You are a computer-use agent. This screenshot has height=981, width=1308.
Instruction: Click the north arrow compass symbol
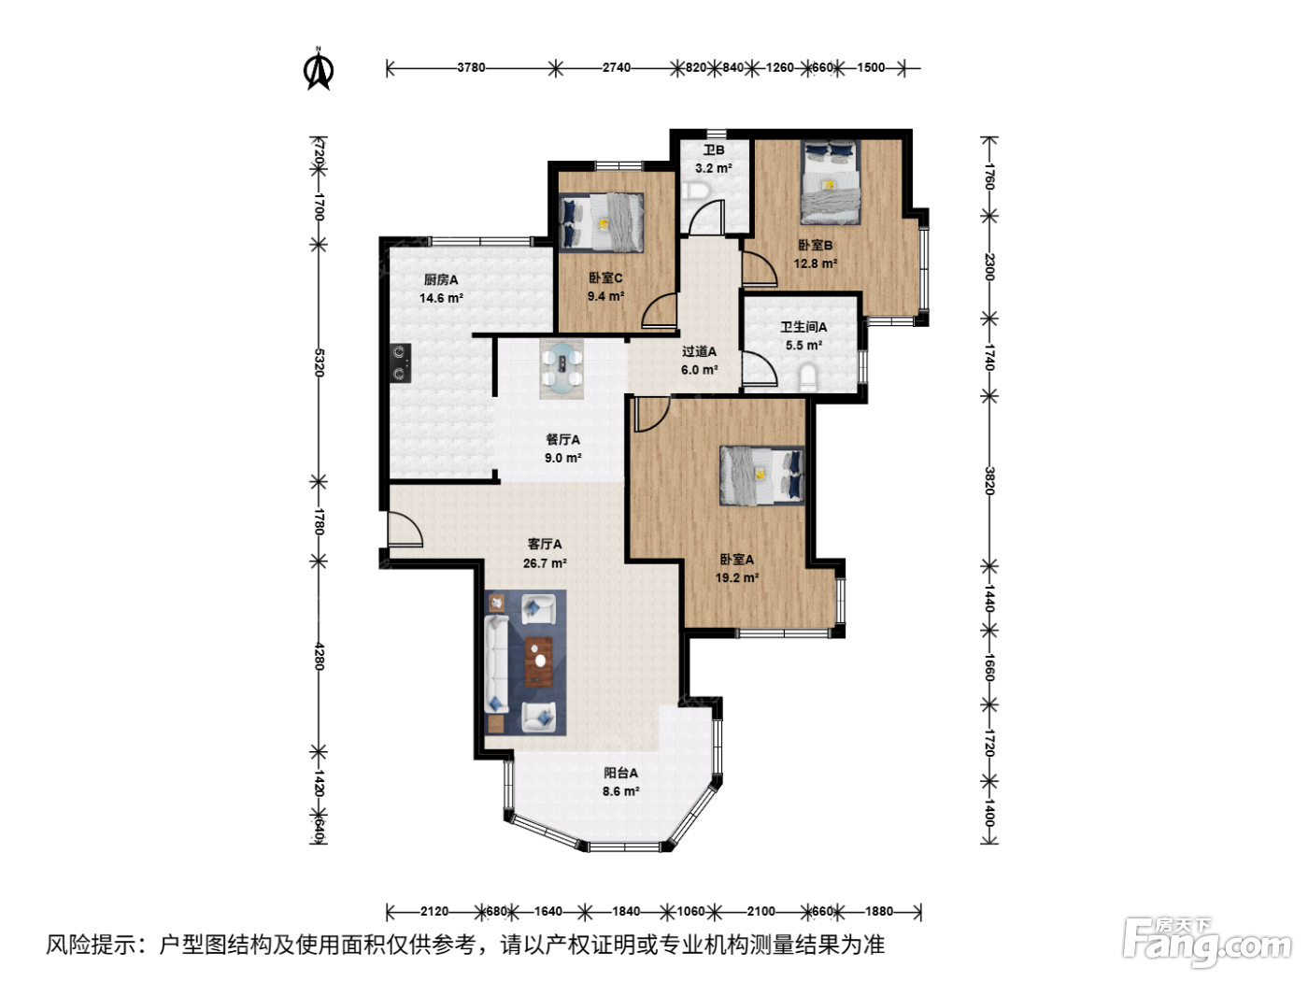coord(319,70)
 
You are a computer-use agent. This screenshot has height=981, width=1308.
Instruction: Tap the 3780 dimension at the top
coord(471,68)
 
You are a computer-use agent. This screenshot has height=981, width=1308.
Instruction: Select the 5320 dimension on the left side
coord(319,363)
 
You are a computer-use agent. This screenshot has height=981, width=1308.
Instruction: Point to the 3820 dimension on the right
coord(989,480)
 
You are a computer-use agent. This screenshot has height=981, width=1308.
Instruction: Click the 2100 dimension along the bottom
coord(761,911)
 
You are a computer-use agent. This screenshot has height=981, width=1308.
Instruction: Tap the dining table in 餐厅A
coord(562,369)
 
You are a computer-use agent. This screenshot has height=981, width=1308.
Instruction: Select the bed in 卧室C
coord(602,222)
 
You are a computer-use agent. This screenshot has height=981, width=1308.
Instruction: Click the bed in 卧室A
coord(761,476)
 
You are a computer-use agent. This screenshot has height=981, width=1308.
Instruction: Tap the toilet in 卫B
coord(695,191)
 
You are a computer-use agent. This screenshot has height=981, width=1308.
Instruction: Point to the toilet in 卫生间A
coord(807,377)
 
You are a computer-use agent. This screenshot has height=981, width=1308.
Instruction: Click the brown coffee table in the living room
coord(539,661)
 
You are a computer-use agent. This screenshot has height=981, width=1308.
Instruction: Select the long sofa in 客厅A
coord(496,664)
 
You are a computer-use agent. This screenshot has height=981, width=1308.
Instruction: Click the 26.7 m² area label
coord(545,562)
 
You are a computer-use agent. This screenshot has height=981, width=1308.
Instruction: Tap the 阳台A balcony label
coord(620,774)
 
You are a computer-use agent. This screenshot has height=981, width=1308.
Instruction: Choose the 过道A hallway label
coord(699,351)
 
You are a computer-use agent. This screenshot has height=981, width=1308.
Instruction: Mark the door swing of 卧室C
coord(659,310)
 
